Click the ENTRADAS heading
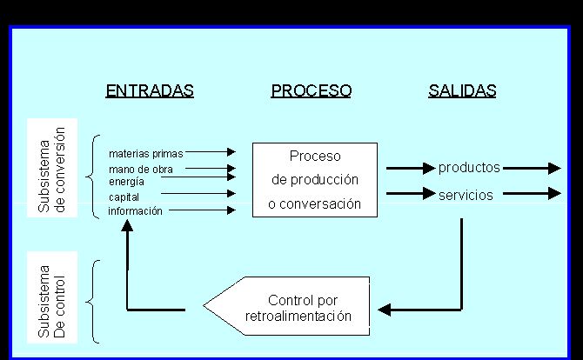150,90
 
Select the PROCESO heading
312,90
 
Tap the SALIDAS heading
462,90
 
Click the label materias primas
146,154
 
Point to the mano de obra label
141,170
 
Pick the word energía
126,182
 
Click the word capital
124,197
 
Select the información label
135,211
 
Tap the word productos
469,168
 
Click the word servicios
466,195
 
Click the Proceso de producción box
315,180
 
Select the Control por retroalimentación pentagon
286,306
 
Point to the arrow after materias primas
211,151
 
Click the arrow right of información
202,210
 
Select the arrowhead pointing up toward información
127,225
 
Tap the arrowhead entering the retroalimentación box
385,310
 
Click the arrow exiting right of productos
532,169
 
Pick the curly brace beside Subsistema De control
93,301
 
